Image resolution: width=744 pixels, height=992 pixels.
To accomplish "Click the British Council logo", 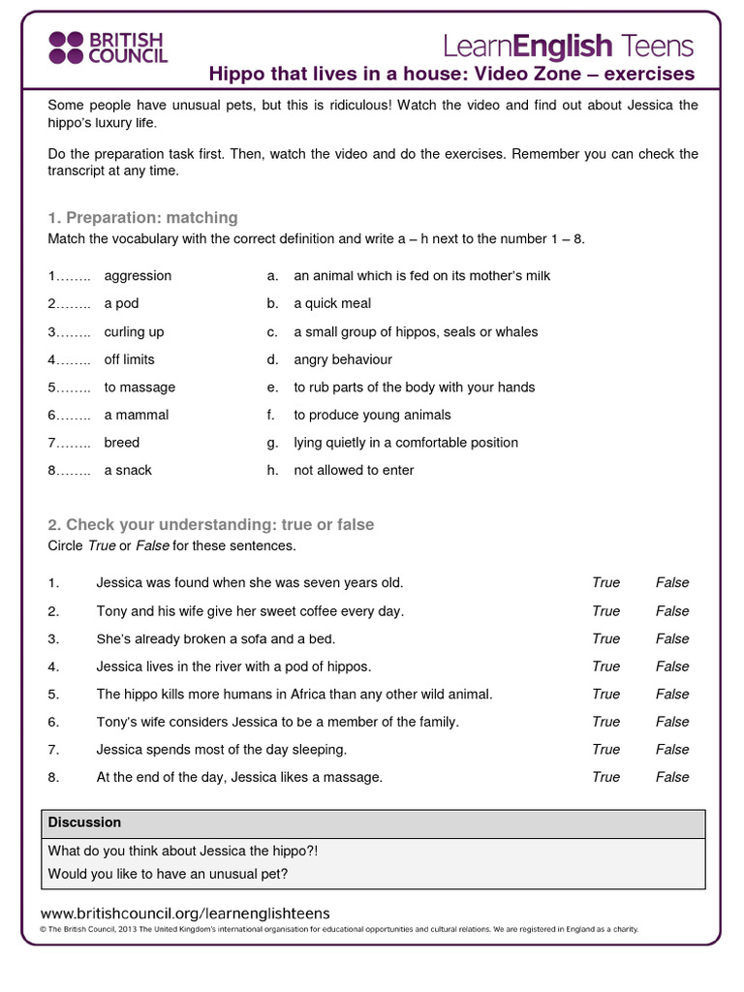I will click(108, 46).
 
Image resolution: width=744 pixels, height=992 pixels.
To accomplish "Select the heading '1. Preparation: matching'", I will click(142, 218).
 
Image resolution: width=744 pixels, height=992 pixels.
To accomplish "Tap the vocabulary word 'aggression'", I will click(138, 276).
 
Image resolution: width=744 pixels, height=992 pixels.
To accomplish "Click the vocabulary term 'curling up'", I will click(134, 331).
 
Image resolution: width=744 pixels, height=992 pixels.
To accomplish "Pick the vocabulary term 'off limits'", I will click(129, 359).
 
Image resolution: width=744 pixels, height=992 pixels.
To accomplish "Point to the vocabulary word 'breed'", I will click(122, 443).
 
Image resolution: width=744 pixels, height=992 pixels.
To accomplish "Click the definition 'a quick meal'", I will click(332, 303).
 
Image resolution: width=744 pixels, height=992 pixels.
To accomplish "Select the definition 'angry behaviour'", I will click(343, 359).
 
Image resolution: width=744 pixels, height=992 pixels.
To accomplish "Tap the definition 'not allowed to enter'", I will click(354, 470).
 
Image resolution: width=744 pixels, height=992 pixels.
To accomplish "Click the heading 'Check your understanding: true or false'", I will click(210, 525).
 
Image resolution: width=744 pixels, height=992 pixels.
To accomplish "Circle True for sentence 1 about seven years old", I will click(605, 583).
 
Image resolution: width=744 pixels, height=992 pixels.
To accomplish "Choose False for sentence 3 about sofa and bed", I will click(672, 638).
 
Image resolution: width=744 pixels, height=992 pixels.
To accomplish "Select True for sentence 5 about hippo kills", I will click(605, 694).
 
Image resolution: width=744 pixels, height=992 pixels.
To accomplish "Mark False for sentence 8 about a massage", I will click(672, 777).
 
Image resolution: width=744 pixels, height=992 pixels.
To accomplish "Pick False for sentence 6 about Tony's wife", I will click(672, 722).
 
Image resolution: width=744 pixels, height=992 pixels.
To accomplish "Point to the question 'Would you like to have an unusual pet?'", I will click(168, 874).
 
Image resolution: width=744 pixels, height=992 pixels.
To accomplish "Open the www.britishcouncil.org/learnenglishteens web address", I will click(185, 913).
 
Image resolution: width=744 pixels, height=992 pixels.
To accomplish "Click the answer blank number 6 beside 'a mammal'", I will click(69, 416).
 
